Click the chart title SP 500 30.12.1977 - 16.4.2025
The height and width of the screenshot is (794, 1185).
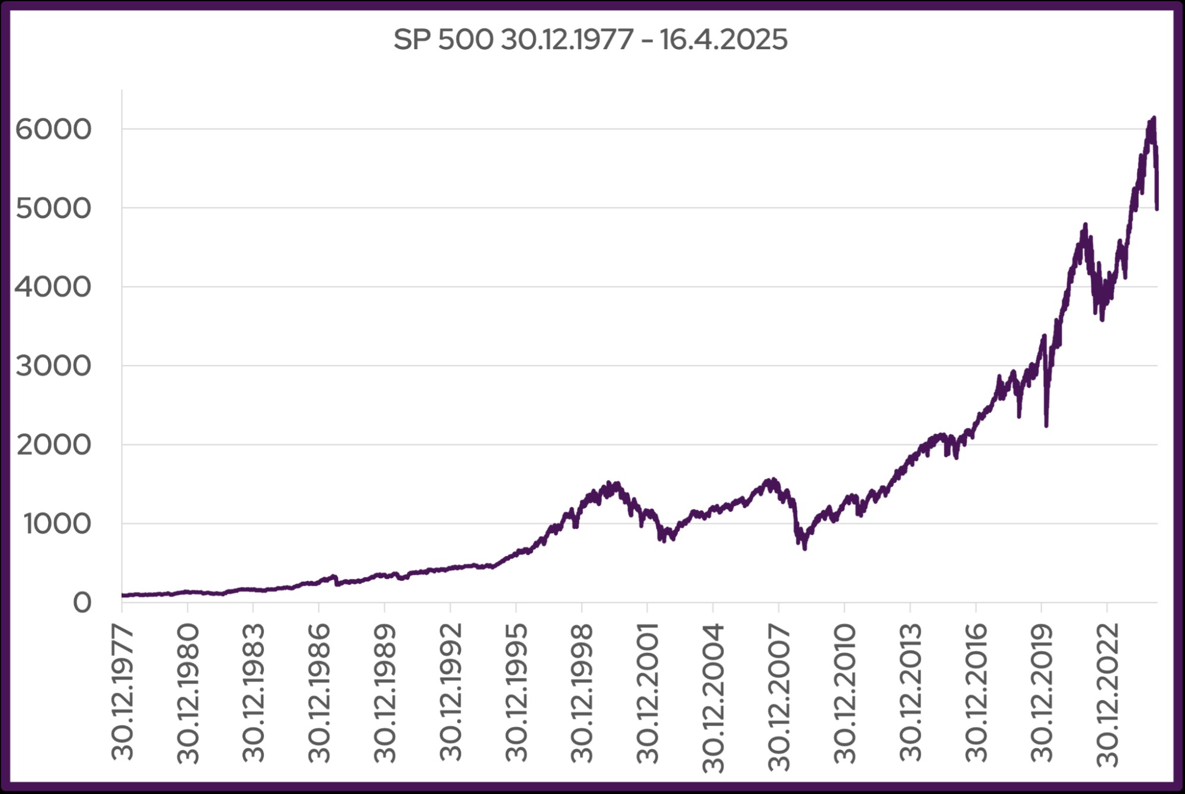(590, 40)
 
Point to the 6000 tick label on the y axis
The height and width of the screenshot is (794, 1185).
(53, 129)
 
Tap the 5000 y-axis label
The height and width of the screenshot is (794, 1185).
(53, 208)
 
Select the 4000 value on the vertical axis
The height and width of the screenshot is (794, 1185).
(53, 287)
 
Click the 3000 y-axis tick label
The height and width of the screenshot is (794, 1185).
(53, 366)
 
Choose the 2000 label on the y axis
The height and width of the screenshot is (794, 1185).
(53, 444)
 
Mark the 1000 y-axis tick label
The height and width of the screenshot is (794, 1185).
(57, 524)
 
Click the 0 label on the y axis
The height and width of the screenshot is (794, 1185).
(82, 603)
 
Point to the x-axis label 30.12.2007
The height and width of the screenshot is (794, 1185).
(779, 696)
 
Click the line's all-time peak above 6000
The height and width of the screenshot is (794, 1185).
(1154, 118)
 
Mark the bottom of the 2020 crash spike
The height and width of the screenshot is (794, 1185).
(1046, 425)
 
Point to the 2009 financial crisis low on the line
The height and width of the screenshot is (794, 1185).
(804, 549)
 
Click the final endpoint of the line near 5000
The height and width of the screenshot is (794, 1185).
(1157, 208)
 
